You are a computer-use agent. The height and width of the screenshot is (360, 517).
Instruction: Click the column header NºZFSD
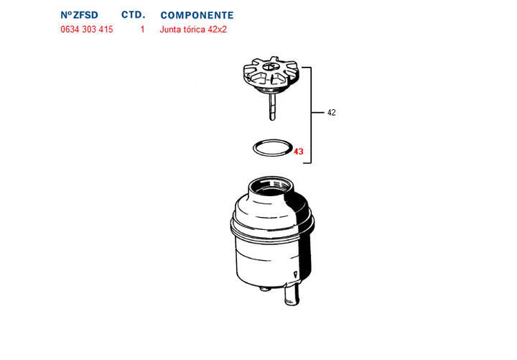click(79, 15)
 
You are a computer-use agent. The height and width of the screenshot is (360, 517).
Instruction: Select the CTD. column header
click(133, 15)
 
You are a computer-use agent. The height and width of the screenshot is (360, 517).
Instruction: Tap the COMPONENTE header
click(197, 15)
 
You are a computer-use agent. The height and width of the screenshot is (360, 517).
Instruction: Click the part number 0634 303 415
click(86, 30)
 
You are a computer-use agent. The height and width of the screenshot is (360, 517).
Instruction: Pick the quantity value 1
click(142, 30)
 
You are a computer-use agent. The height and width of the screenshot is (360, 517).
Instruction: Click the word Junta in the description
click(172, 30)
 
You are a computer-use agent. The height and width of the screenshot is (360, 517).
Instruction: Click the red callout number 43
click(299, 152)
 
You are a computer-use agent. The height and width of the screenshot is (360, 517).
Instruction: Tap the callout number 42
click(331, 113)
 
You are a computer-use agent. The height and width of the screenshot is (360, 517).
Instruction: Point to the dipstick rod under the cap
click(272, 108)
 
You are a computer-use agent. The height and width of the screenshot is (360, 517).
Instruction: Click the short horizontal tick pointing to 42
click(317, 113)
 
